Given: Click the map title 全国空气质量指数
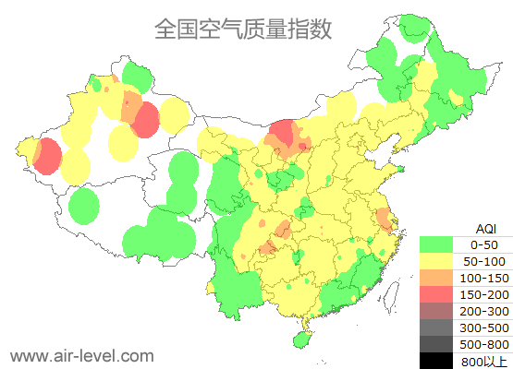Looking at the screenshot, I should click(x=243, y=29).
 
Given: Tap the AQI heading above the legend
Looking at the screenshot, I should click(x=485, y=228).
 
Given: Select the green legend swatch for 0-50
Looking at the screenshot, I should click(x=436, y=244).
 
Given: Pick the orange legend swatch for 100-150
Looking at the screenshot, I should click(x=436, y=278).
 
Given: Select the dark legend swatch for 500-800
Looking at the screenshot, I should click(x=436, y=343).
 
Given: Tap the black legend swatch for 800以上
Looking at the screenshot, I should click(x=436, y=360).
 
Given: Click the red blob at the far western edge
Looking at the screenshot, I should click(x=44, y=156).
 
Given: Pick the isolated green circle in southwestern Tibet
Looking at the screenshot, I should click(x=84, y=205).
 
